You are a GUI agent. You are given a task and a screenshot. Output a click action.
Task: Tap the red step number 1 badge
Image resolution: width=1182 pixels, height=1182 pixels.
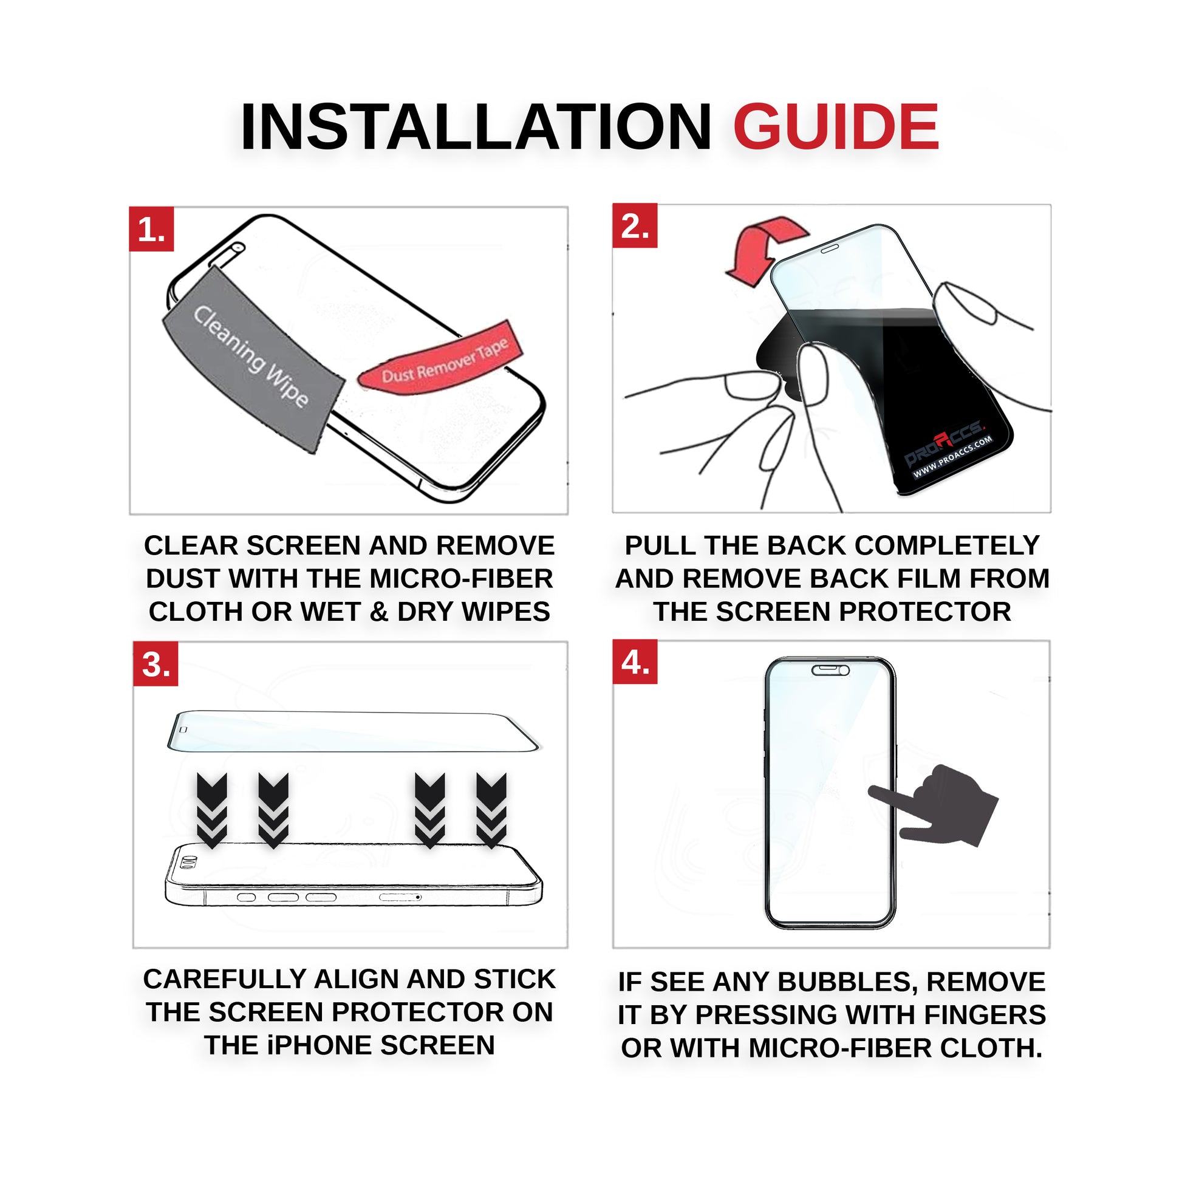[151, 230]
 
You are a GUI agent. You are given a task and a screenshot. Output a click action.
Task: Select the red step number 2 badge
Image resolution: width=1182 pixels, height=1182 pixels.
[635, 226]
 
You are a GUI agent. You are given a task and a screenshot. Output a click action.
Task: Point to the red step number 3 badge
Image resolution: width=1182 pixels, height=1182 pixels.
[155, 664]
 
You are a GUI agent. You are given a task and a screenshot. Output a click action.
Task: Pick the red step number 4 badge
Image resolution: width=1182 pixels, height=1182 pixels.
[635, 662]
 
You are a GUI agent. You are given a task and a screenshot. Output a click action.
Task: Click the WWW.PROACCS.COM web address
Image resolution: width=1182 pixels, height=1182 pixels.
[952, 457]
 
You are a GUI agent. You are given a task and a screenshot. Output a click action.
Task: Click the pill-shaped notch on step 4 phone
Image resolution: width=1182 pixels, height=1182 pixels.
[830, 671]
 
